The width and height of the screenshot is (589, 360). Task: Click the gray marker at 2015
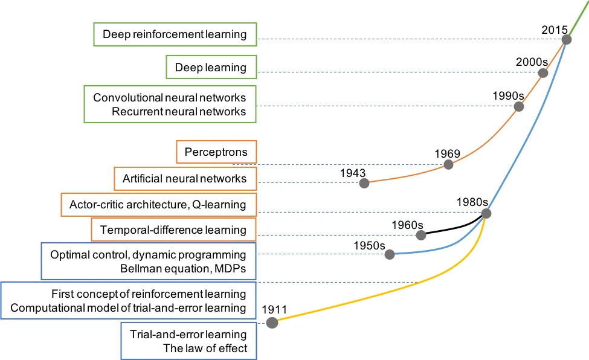pos(567,40)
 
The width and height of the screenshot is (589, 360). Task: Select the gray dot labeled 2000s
pos(542,73)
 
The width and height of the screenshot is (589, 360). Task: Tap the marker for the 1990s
pos(518,107)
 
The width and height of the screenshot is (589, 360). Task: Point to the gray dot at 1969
pos(448,165)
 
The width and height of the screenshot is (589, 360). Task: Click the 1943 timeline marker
pos(364,183)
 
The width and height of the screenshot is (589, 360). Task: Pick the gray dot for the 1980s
pos(486,213)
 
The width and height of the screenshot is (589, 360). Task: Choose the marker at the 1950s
pos(390,254)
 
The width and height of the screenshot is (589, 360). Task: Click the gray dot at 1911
pos(272,323)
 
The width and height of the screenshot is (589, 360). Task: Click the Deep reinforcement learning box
pos(175,34)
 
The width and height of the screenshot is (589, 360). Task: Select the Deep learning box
pos(211,67)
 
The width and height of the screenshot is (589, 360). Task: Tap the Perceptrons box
pos(216,152)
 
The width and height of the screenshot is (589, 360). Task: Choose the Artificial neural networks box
pos(185,179)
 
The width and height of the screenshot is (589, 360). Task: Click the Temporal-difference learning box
pos(173,230)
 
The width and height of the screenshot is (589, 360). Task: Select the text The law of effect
pos(205,349)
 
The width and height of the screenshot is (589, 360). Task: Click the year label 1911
pos(274,310)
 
